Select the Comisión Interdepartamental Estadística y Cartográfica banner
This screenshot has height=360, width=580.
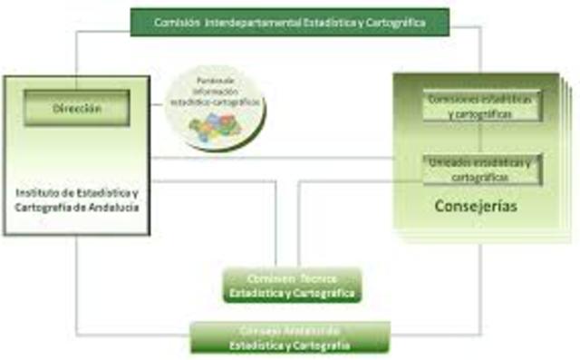click(x=289, y=21)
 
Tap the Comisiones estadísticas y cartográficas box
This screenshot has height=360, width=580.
click(x=481, y=106)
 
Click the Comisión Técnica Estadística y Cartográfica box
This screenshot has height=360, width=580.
click(x=293, y=285)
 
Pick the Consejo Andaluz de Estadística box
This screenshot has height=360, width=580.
click(x=289, y=336)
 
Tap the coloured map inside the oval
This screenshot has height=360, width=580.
click(x=214, y=125)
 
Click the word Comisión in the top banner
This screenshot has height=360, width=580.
click(x=173, y=21)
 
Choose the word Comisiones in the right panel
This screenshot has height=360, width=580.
click(x=449, y=99)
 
